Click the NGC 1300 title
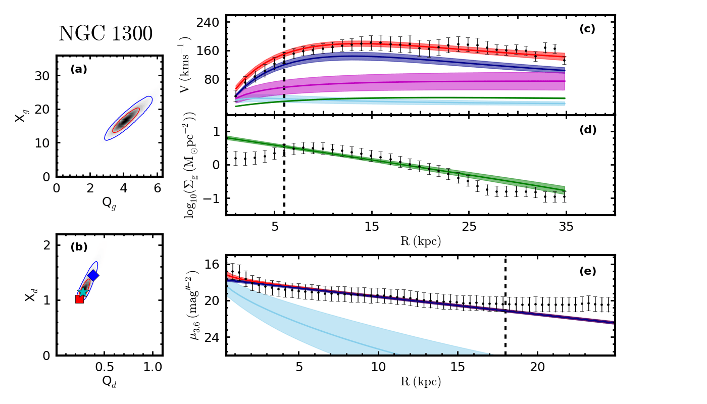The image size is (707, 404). (106, 34)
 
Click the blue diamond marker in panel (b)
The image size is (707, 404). (93, 275)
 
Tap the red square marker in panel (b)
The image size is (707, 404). (79, 299)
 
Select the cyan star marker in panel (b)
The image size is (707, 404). (83, 292)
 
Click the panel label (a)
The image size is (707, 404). (78, 70)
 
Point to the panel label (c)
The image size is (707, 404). (587, 29)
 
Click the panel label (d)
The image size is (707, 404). (587, 130)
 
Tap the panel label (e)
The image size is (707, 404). (587, 271)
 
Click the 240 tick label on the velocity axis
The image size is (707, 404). (207, 23)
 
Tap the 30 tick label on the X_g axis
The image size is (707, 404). (42, 76)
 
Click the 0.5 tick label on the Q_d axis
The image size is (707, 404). (105, 367)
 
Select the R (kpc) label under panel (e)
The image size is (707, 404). (420, 382)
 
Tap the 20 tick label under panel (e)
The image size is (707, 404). (537, 367)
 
